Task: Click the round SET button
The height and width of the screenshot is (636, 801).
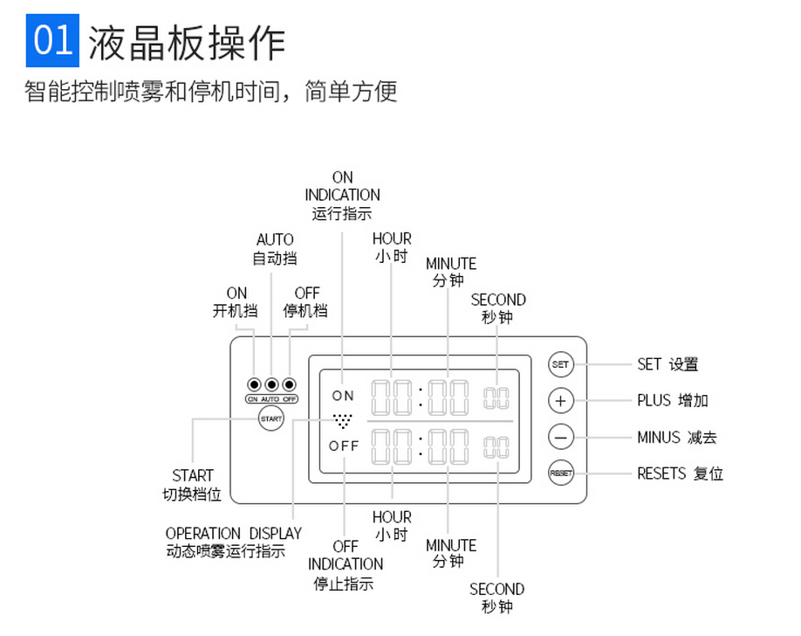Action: [x=560, y=364]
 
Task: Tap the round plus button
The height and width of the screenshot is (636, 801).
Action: [x=560, y=401]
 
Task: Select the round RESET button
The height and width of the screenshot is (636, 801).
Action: [x=560, y=474]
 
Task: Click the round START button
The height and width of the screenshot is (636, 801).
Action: [x=271, y=419]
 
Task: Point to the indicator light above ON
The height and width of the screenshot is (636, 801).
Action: [x=254, y=384]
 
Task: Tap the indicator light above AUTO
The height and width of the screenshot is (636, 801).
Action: [x=271, y=384]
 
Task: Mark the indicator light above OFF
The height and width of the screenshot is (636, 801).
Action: [x=289, y=384]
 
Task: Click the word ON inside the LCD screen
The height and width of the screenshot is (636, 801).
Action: [x=343, y=396]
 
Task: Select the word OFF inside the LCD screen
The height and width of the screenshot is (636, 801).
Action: [x=344, y=446]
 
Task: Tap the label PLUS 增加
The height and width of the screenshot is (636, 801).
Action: [x=672, y=401]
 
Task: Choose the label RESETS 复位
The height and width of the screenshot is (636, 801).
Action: [x=680, y=474]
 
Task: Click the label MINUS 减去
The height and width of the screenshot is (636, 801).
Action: [x=676, y=437]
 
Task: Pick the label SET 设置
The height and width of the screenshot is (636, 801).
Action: [x=667, y=364]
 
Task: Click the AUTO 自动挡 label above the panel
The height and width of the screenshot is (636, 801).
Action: [x=275, y=249]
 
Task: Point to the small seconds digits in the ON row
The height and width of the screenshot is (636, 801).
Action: [x=496, y=398]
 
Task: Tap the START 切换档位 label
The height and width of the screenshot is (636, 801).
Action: [x=193, y=485]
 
